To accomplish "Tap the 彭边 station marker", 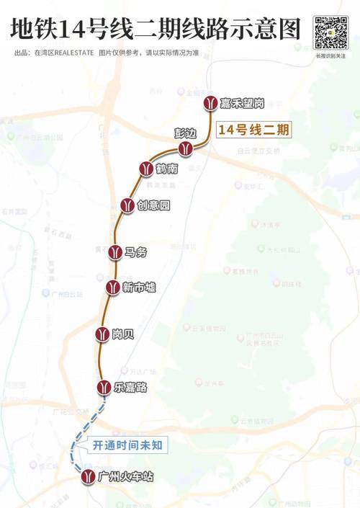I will tap(186, 147).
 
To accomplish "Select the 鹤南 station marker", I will tap(145, 169).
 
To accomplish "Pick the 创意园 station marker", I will tap(127, 205).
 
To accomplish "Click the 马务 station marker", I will tap(114, 251).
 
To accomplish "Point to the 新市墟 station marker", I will tap(112, 287).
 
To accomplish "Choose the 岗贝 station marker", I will tap(102, 334).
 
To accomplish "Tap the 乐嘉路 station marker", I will tap(106, 387).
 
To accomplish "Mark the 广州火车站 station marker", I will tap(88, 477).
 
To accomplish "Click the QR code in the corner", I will tap(330, 33).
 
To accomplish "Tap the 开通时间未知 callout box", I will tap(127, 445).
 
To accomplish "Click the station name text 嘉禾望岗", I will tap(243, 104).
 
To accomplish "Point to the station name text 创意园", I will tap(154, 205).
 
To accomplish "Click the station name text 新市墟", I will tap(139, 288).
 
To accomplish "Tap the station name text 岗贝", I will tap(123, 334).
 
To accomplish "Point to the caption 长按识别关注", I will tap(330, 55).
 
